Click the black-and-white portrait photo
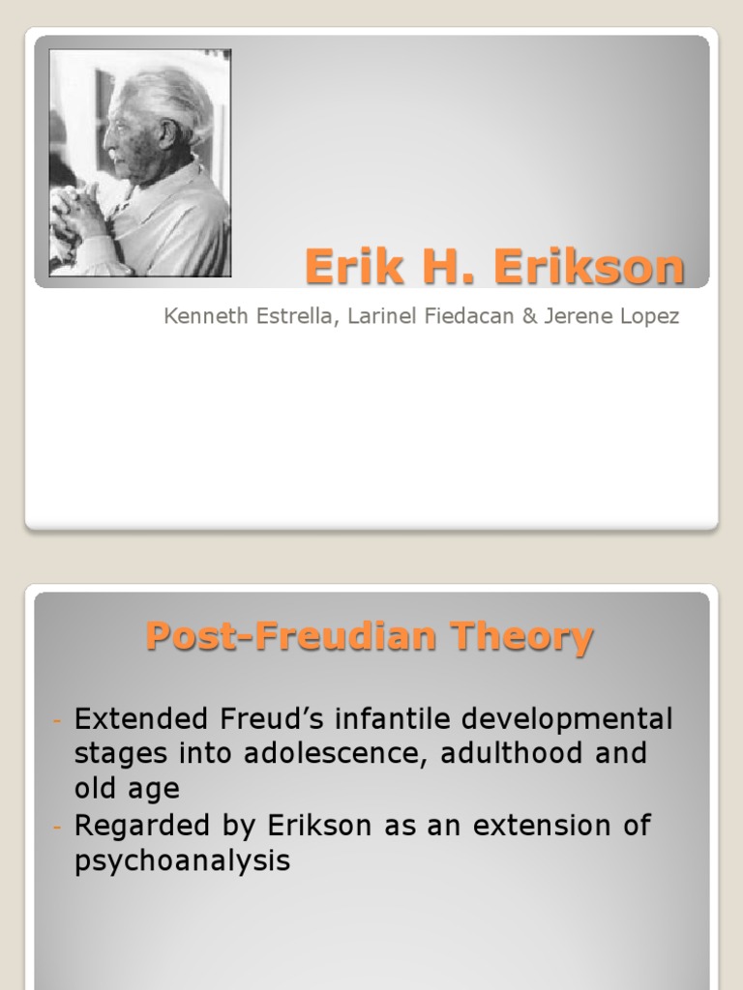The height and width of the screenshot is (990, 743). coord(140,162)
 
